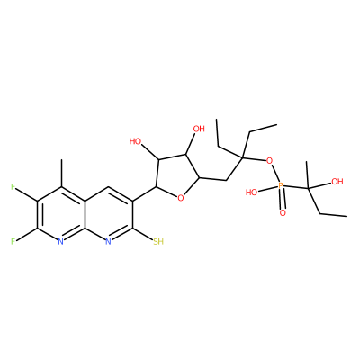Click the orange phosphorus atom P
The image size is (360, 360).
(x=281, y=186)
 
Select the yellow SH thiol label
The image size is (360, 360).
(x=158, y=241)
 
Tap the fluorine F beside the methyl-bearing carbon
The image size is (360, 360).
(x=13, y=187)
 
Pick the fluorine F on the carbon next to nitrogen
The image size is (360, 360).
(x=13, y=241)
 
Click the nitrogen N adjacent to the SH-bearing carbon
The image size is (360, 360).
(x=108, y=241)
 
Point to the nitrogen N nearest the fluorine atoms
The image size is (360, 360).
(x=60, y=241)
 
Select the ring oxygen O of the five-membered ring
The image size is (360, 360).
(x=180, y=198)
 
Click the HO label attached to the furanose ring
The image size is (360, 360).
(x=135, y=141)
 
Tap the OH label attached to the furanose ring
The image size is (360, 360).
(x=199, y=129)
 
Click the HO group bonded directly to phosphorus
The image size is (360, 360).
(x=251, y=192)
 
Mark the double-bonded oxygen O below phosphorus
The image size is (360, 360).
(x=283, y=213)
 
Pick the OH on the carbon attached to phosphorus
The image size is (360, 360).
(x=337, y=182)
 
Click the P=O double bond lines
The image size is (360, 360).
(x=282, y=200)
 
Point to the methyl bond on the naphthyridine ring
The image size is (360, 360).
(x=61, y=173)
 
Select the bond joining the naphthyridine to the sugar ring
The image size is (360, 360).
(x=145, y=193)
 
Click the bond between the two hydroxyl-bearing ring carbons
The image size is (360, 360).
(x=172, y=157)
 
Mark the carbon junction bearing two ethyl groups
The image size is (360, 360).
(x=242, y=157)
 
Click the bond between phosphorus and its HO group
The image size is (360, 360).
(x=268, y=189)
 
